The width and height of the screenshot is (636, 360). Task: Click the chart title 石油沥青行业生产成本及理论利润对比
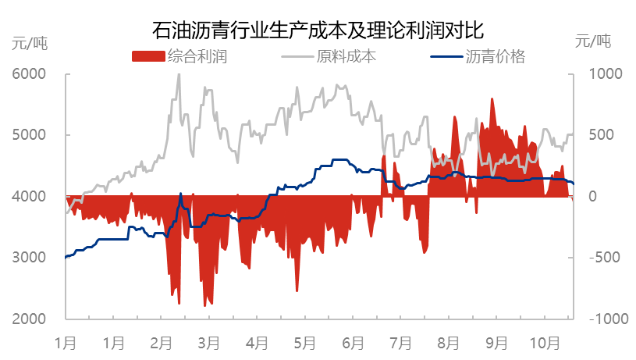(318, 30)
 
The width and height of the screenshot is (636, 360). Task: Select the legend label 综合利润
(197, 57)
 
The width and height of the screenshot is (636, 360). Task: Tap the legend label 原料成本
(346, 57)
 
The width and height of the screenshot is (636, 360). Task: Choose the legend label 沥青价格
(496, 57)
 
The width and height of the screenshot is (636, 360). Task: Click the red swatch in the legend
(148, 57)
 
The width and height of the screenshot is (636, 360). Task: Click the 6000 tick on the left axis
(30, 74)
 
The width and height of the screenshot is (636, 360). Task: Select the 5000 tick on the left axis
(30, 135)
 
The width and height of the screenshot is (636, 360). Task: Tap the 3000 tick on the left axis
(30, 258)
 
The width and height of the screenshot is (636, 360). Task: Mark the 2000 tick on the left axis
(30, 319)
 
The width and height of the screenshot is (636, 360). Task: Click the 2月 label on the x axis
(162, 343)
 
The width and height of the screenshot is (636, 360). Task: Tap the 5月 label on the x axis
(305, 343)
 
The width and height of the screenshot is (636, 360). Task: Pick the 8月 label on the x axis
(449, 343)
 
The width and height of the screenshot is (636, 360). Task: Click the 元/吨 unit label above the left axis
(30, 43)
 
